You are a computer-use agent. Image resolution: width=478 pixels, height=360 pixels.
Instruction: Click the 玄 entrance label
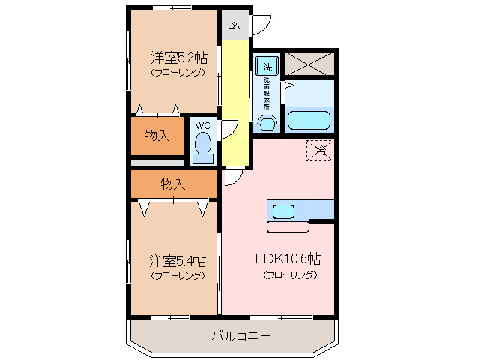tap(234, 24)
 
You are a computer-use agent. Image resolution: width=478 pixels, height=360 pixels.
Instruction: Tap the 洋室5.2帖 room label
tap(178, 57)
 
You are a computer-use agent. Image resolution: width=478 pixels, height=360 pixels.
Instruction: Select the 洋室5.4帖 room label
tap(177, 260)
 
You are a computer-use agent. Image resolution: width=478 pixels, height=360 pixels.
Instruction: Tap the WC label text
tap(202, 126)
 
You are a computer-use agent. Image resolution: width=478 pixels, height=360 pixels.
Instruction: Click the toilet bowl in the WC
tap(202, 147)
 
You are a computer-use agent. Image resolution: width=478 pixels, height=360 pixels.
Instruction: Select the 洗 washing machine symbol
tap(267, 66)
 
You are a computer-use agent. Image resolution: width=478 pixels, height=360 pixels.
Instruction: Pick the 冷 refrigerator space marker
tap(320, 150)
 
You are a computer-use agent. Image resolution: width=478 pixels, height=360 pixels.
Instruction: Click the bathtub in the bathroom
tap(309, 121)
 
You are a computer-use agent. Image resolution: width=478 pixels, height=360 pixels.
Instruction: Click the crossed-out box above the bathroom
tap(309, 63)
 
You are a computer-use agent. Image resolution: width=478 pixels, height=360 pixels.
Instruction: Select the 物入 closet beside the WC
tap(157, 136)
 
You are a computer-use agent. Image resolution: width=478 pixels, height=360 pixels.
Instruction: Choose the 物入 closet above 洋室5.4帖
tap(173, 184)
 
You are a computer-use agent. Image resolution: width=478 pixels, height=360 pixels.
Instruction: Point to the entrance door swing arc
tap(261, 25)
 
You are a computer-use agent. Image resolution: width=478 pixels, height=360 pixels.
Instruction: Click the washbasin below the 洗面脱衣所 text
tap(265, 123)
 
